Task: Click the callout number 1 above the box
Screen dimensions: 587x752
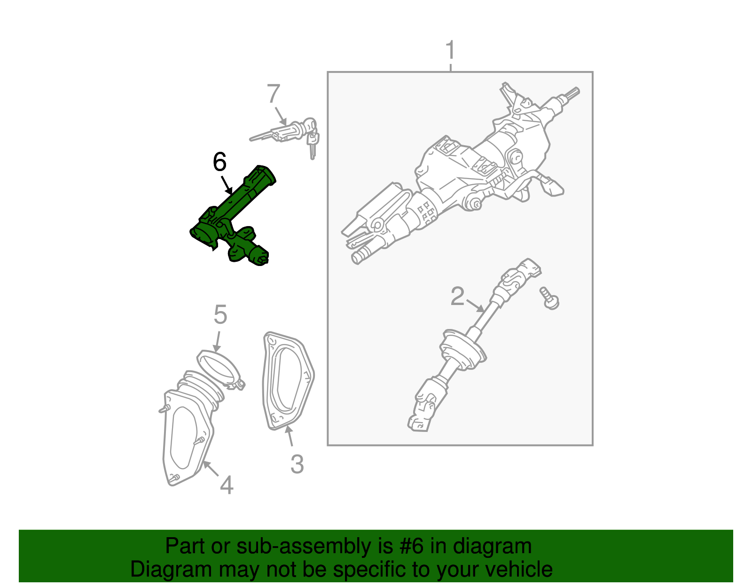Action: (x=450, y=50)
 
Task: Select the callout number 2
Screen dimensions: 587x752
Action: (x=457, y=297)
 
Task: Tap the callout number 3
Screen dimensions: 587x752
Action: (x=297, y=464)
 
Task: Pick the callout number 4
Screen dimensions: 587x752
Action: (x=227, y=485)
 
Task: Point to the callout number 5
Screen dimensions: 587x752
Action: (x=220, y=314)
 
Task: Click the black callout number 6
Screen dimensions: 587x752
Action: (x=219, y=162)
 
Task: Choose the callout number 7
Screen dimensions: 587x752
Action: (x=274, y=94)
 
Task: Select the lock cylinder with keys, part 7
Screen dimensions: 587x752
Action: (x=291, y=132)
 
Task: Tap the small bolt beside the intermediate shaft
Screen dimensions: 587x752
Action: (x=549, y=298)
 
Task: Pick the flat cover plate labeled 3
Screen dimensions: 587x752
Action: (x=287, y=381)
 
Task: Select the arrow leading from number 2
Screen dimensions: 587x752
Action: (x=475, y=306)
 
